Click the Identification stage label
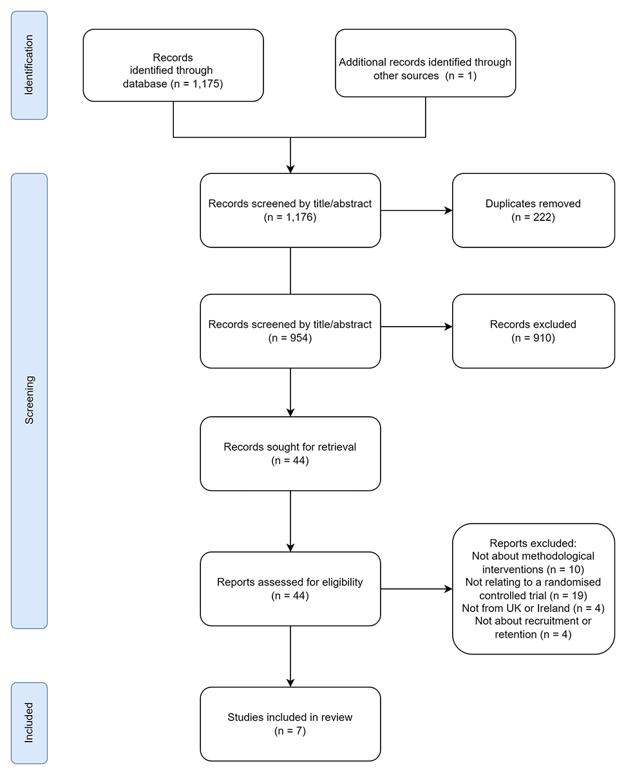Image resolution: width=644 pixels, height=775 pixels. [x=29, y=65]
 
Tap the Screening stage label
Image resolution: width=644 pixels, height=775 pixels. [x=29, y=401]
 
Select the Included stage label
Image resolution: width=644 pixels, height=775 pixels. [x=29, y=723]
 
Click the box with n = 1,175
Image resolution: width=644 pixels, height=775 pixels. [x=173, y=65]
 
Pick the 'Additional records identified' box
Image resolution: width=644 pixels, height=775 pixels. [x=425, y=63]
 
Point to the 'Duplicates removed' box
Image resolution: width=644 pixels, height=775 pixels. [x=533, y=211]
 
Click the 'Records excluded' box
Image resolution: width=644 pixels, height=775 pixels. [x=533, y=331]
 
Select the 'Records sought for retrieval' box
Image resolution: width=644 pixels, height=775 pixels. [x=290, y=454]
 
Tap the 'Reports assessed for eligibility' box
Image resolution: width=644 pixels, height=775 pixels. [x=290, y=589]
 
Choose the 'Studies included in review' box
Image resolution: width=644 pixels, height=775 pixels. [x=290, y=723]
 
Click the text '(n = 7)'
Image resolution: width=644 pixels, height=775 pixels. [x=290, y=731]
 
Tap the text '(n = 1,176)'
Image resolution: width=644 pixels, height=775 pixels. [x=290, y=217]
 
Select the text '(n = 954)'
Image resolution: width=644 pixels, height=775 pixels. [x=290, y=338]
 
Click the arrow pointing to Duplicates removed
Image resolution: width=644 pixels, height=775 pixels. [x=417, y=211]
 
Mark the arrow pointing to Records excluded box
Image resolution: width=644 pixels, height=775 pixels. [x=417, y=327]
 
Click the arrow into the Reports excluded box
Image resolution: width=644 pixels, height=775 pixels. [x=417, y=589]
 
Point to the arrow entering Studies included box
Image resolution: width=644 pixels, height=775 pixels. [x=290, y=656]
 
